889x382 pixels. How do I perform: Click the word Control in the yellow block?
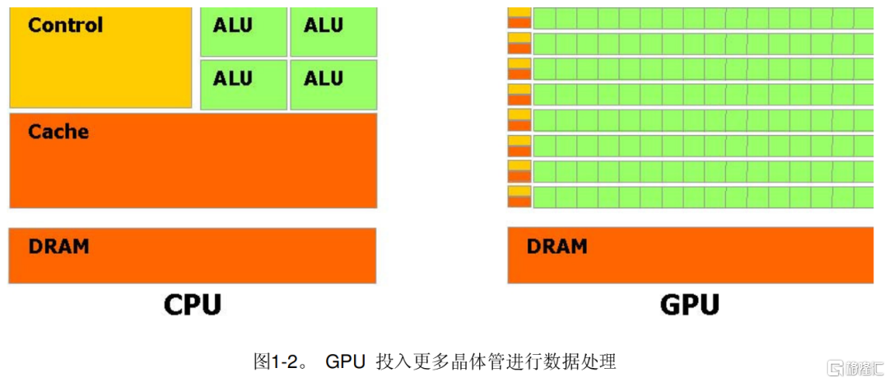point(66,25)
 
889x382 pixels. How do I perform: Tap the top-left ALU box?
point(244,32)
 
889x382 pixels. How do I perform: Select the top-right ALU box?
point(333,32)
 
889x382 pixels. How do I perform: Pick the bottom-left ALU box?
point(244,85)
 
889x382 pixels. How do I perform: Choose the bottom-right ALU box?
point(333,85)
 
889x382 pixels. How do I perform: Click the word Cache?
point(58,132)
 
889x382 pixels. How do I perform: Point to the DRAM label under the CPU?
point(59,246)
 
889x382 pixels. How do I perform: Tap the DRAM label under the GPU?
point(556,246)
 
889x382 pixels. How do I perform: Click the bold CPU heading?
point(193,305)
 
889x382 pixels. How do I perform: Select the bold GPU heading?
point(690,305)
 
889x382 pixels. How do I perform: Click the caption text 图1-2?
point(281,361)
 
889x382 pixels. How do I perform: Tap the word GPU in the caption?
point(345,361)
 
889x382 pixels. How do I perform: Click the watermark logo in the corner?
point(855,368)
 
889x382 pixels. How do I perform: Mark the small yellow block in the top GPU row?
point(519,12)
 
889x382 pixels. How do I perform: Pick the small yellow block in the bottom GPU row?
point(519,190)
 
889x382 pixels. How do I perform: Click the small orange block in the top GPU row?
point(519,23)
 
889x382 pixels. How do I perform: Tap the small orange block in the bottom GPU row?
point(519,201)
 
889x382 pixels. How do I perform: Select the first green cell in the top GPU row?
point(544,17)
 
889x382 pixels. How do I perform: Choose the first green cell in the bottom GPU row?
point(544,196)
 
